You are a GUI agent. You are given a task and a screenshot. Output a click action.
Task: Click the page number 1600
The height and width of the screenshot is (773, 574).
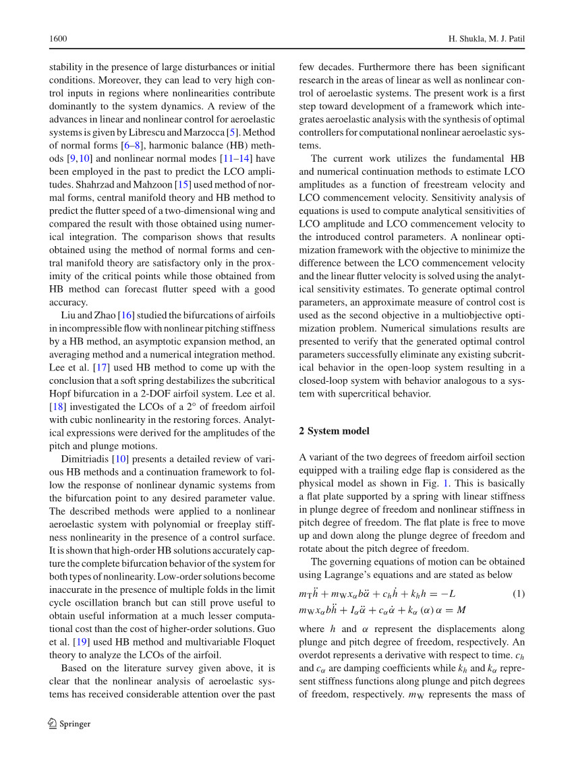point(58,39)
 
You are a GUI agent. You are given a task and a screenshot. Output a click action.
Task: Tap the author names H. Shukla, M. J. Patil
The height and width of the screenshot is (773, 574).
point(486,39)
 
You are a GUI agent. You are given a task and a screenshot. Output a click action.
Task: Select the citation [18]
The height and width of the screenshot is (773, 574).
point(57,407)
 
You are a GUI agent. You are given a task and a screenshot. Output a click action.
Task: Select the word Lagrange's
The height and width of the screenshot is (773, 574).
point(365,575)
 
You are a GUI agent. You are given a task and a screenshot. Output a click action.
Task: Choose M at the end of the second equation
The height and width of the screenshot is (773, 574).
point(461,610)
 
